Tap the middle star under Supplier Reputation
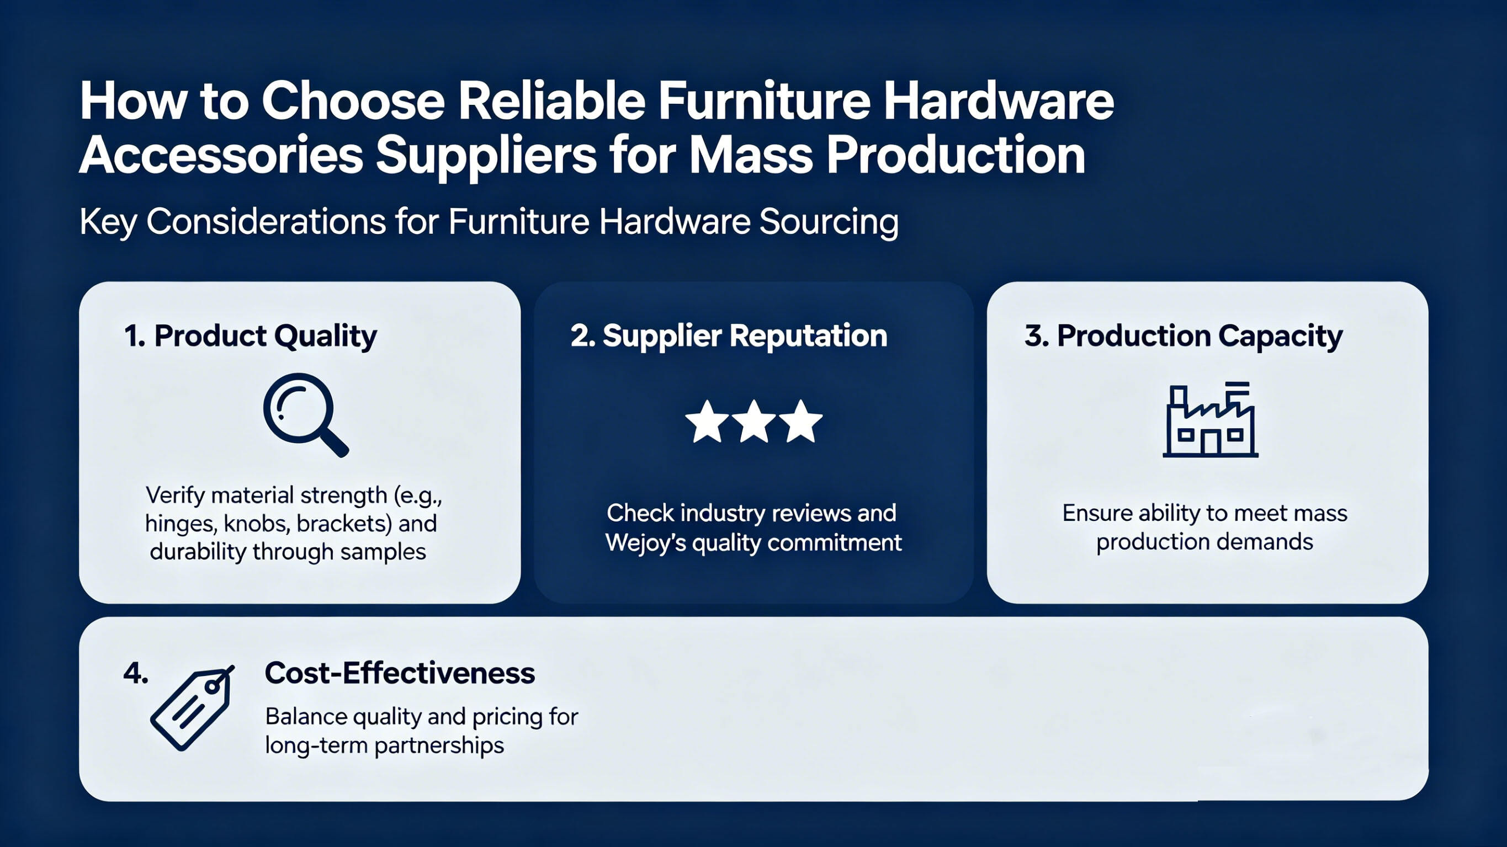754,421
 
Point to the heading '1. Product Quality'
251,337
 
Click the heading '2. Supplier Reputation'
729,337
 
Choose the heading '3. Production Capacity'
1184,337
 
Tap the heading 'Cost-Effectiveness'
400,673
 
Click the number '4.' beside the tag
136,674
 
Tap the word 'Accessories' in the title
221,156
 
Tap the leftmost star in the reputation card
707,421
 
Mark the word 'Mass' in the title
751,156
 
